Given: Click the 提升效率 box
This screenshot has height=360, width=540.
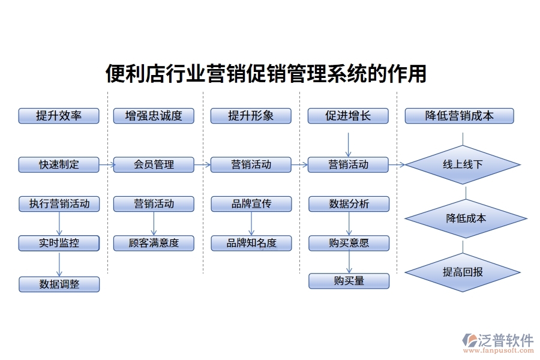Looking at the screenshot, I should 59,116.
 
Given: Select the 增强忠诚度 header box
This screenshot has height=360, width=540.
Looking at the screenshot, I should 154,116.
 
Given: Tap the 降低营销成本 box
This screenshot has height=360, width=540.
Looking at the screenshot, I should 459,116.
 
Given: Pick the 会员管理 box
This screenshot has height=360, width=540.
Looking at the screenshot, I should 154,164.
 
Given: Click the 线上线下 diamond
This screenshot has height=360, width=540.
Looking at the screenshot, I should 462,164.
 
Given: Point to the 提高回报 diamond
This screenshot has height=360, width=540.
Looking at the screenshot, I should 463,272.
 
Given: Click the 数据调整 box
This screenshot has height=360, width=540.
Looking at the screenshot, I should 59,284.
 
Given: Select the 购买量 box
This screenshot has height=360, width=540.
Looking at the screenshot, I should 349,281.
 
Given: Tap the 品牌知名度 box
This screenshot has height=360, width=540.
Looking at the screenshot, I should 251,243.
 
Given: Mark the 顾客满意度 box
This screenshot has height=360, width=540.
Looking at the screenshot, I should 154,243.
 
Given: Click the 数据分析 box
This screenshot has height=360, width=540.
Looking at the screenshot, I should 349,204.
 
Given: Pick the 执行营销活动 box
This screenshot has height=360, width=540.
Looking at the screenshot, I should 59,204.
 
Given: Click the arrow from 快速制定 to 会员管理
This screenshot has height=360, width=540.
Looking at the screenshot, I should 107,164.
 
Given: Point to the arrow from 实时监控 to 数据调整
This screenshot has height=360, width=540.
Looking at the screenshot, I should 59,264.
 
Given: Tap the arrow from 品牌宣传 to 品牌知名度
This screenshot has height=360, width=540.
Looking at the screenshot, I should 251,223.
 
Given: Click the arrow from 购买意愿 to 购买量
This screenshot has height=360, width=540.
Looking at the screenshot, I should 349,262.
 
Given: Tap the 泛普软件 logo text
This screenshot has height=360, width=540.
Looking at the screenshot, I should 505,340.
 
